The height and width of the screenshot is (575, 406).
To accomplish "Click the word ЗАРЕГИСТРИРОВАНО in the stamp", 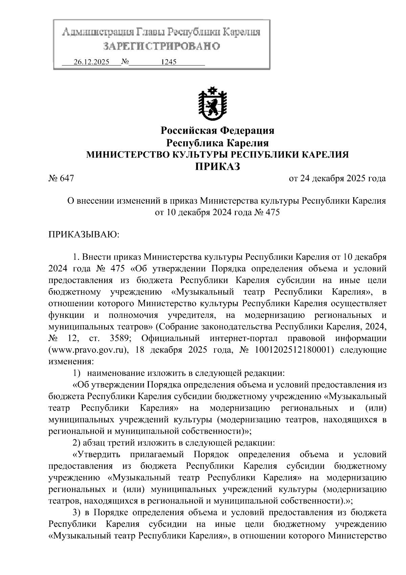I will pos(161,46).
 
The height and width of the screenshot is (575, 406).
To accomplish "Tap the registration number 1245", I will pos(168,62).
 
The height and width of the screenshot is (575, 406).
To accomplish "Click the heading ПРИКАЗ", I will pos(218,166).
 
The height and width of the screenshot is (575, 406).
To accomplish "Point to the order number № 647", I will pos(61,178).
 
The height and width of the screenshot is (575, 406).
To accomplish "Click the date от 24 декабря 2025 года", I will pos(337,178).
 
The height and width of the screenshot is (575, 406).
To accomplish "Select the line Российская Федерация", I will pos(217,130).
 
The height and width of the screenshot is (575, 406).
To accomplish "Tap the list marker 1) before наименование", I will pos(77,373).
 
